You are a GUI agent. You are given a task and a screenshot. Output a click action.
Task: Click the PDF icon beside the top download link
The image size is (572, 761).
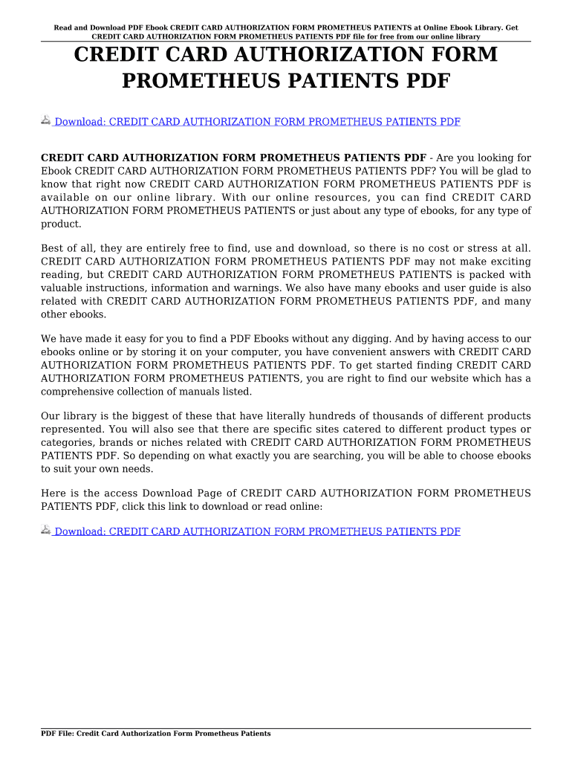(x=45, y=120)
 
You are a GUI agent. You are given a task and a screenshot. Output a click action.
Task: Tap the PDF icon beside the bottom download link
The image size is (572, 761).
(x=45, y=530)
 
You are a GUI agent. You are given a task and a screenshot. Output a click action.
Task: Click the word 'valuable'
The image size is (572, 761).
(x=63, y=288)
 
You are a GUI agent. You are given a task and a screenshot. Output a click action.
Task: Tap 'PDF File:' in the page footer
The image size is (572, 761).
(x=57, y=734)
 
